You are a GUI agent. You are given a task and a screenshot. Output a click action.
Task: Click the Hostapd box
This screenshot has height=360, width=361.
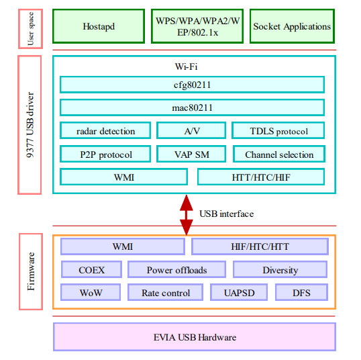pyautogui.click(x=99, y=27)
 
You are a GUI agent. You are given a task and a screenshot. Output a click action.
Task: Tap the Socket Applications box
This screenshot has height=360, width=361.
pyautogui.click(x=292, y=27)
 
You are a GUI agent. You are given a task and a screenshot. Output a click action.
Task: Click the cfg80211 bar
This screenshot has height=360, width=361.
pyautogui.click(x=192, y=85)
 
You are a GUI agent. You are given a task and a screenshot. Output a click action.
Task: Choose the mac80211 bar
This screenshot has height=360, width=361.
pyautogui.click(x=192, y=107)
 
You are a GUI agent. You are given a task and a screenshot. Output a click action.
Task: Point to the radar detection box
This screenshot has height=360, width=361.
pyautogui.click(x=105, y=131)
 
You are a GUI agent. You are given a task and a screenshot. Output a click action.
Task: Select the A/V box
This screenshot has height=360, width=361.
pyautogui.click(x=192, y=131)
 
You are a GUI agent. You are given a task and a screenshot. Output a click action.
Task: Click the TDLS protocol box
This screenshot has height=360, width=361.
pyautogui.click(x=278, y=131)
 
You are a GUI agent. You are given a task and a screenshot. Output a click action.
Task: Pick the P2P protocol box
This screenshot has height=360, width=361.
pyautogui.click(x=105, y=154)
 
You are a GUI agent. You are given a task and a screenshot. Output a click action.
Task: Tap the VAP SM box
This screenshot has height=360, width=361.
pyautogui.click(x=192, y=154)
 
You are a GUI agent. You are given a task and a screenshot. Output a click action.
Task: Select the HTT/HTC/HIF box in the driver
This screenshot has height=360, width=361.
pyautogui.click(x=261, y=177)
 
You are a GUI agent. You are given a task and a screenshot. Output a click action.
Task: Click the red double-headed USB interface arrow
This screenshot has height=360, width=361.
pyautogui.click(x=186, y=214)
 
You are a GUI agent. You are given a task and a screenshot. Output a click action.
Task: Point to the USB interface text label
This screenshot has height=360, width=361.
pyautogui.click(x=227, y=214)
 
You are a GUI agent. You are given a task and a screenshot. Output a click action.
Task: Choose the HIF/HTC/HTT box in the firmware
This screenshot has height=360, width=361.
pyautogui.click(x=260, y=246)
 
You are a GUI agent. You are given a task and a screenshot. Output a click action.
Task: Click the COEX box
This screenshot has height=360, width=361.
pyautogui.click(x=91, y=270)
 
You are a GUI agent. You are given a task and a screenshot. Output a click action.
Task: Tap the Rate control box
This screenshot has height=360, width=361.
pyautogui.click(x=166, y=293)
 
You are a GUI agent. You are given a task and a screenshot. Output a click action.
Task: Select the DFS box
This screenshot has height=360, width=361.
pyautogui.click(x=301, y=293)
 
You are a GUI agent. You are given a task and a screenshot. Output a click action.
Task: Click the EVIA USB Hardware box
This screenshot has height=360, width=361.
pyautogui.click(x=193, y=337)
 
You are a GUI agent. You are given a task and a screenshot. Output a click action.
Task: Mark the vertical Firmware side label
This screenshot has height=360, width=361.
pyautogui.click(x=31, y=271)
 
